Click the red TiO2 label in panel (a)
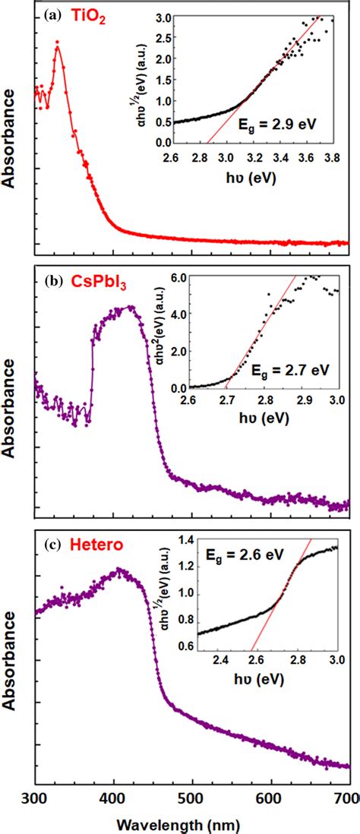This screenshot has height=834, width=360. click(x=89, y=14)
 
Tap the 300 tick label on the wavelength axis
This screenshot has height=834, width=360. click(x=36, y=798)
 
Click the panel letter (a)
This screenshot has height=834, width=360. click(x=52, y=14)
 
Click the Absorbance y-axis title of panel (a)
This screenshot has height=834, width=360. click(x=10, y=137)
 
